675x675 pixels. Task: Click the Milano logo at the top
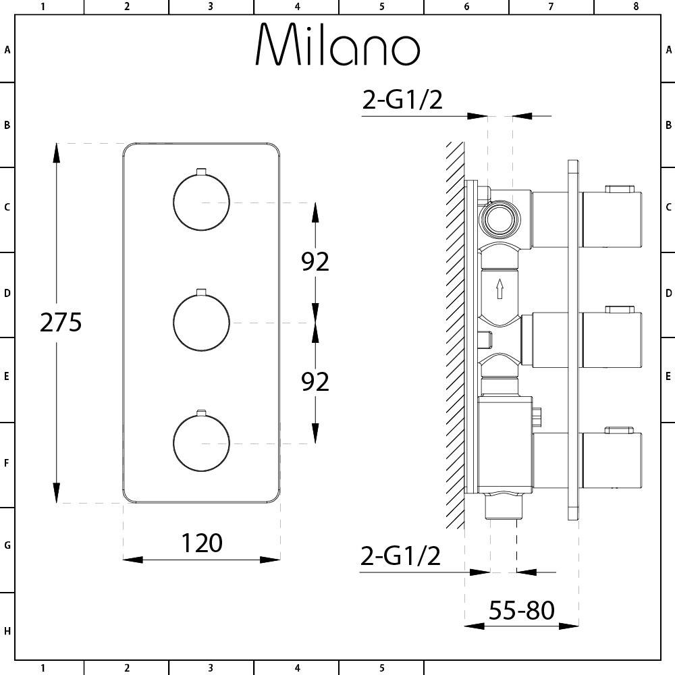pyautogui.click(x=338, y=44)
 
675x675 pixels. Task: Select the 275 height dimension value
pyautogui.click(x=61, y=322)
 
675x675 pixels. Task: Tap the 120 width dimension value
pyautogui.click(x=201, y=543)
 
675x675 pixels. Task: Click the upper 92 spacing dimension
pyautogui.click(x=315, y=261)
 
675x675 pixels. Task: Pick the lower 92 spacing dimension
pyautogui.click(x=315, y=381)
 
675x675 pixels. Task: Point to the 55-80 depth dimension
pyautogui.click(x=521, y=610)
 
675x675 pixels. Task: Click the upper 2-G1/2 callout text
pyautogui.click(x=402, y=100)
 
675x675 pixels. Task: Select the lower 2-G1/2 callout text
pyautogui.click(x=400, y=556)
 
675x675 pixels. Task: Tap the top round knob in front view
pyautogui.click(x=201, y=201)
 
